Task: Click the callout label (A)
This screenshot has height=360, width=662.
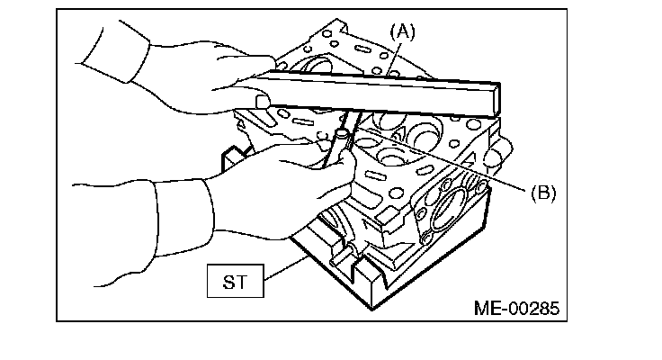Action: pyautogui.click(x=400, y=32)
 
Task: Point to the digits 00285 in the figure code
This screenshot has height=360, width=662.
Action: pyautogui.click(x=535, y=309)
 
